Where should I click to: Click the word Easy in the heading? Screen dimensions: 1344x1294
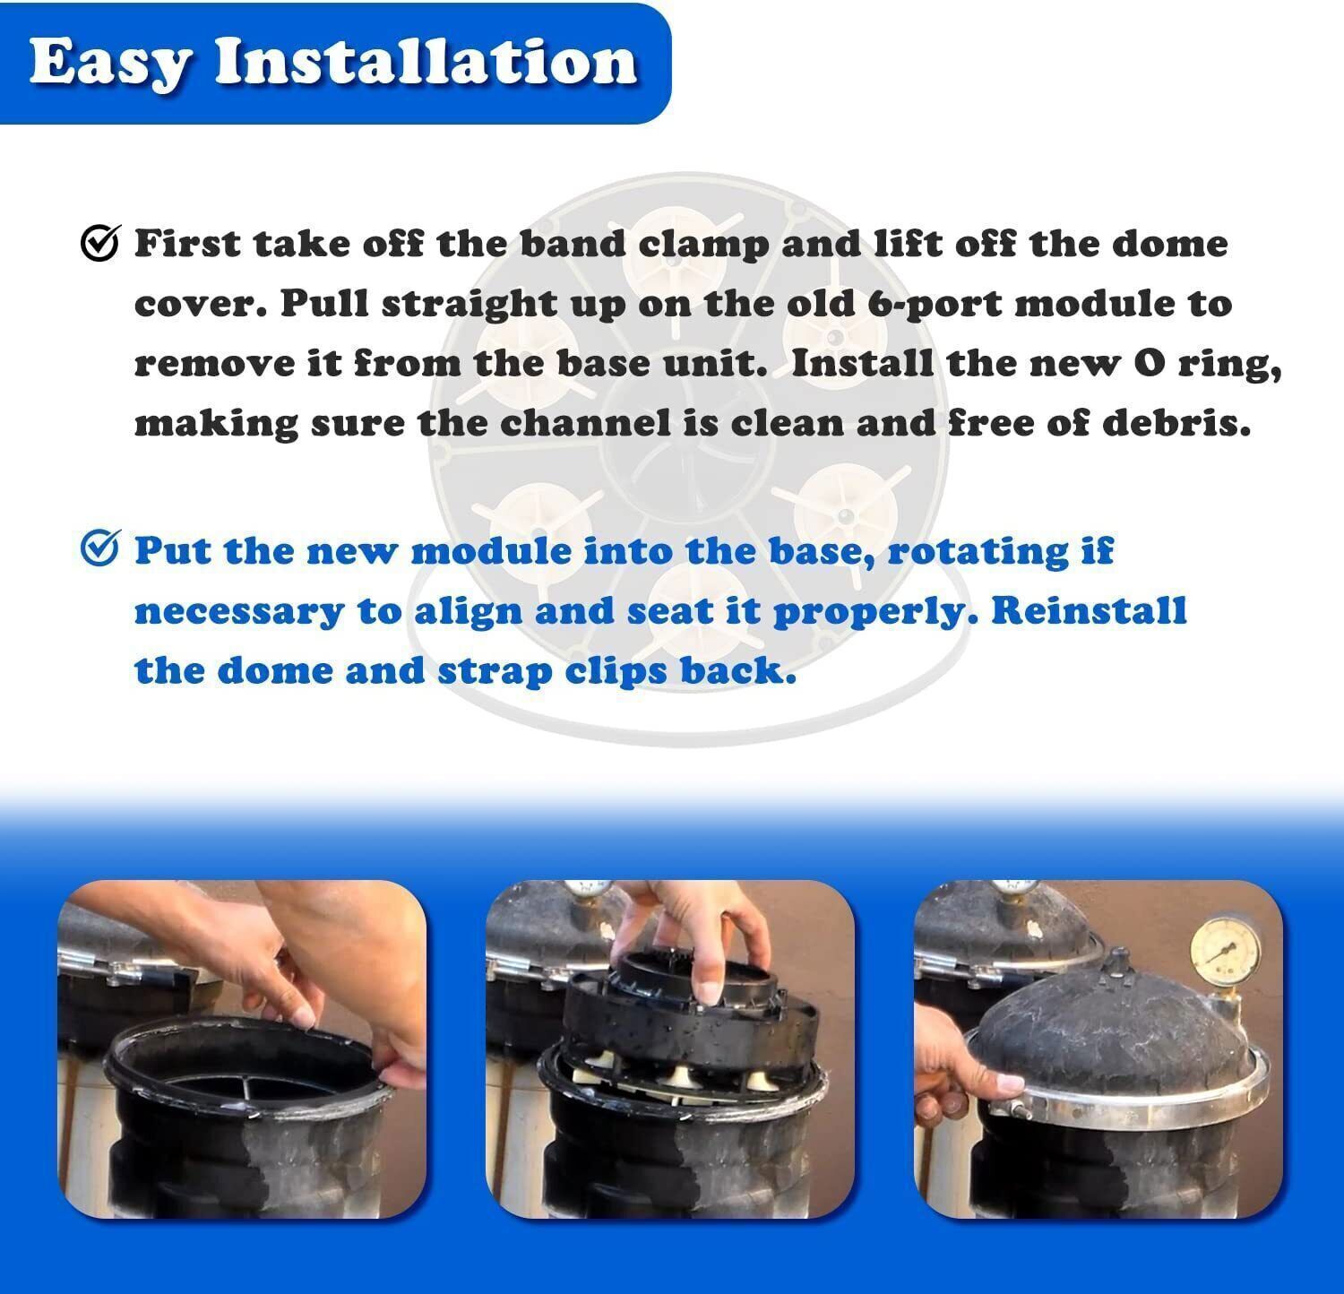pos(110,63)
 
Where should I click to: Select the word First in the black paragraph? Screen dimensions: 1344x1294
pos(188,243)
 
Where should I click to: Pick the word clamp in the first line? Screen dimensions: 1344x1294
pos(708,245)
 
